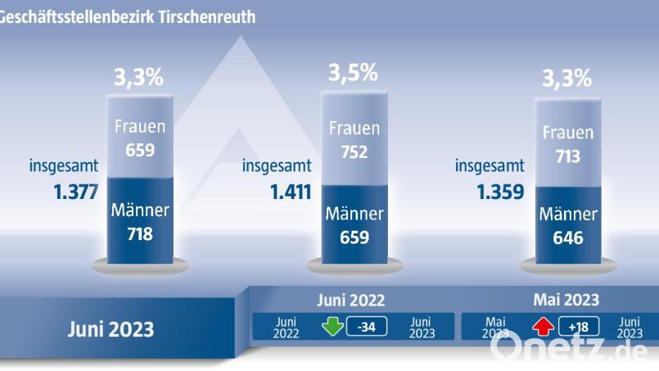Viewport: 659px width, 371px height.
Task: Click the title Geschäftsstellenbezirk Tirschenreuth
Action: tap(127, 16)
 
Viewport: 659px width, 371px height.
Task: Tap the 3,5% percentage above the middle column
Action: tap(353, 73)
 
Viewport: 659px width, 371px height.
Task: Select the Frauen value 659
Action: tap(140, 151)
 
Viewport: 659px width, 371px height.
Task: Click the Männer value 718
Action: tap(140, 233)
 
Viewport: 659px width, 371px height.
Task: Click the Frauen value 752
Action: tap(353, 152)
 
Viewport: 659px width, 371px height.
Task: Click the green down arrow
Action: tap(332, 327)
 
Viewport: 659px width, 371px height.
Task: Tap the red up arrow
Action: tap(544, 328)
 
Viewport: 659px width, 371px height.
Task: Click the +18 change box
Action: tap(579, 328)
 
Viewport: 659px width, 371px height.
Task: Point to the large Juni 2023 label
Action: tap(111, 330)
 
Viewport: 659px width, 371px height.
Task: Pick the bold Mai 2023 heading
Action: tap(566, 300)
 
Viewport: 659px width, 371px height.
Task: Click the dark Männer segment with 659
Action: tap(354, 225)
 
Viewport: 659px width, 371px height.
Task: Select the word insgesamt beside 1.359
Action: tap(490, 166)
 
